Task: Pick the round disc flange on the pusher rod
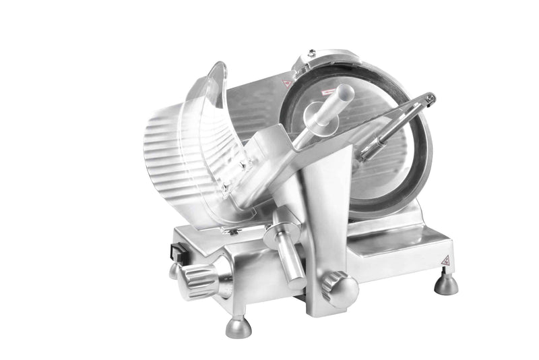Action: coord(316,115)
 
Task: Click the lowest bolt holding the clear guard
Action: coord(232,231)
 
